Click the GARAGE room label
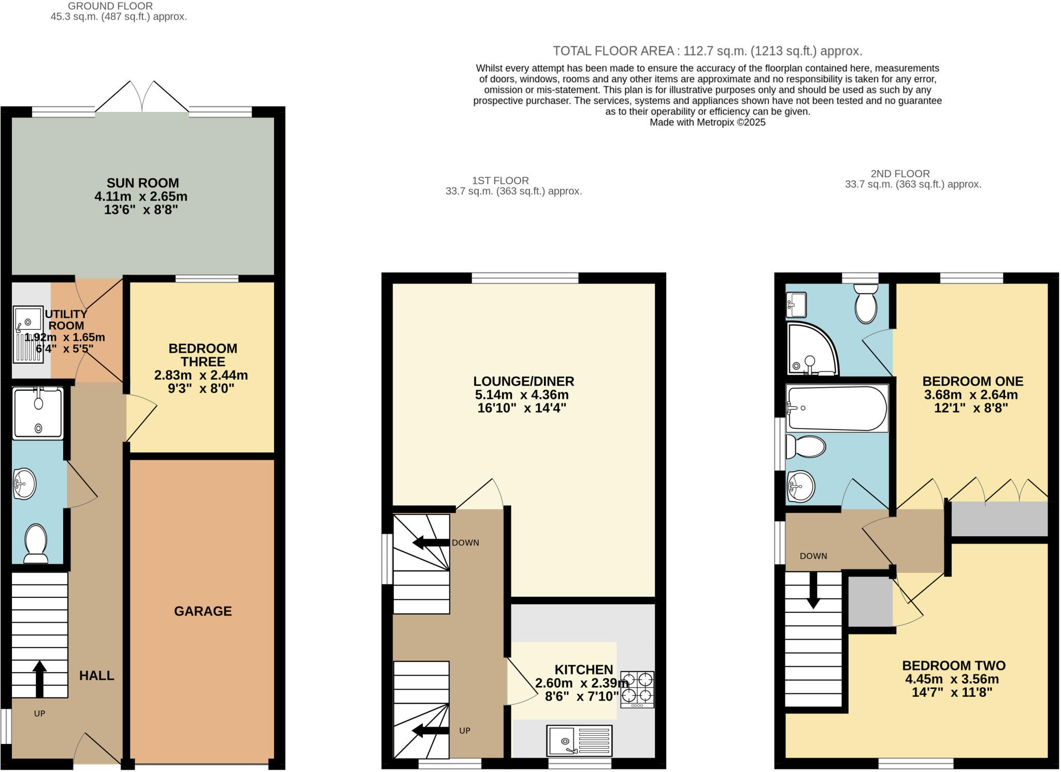pos(203,611)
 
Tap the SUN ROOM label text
pos(142,183)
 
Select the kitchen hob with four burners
pos(637,689)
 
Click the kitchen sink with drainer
pos(579,740)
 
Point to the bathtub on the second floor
pos(836,408)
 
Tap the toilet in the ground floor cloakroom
pos(36,543)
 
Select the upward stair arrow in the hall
pos(39,678)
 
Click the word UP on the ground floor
pos(39,713)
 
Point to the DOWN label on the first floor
pos(465,542)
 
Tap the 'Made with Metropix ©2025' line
pos(707,122)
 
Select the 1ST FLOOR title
pos(500,180)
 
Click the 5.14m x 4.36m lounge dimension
pos(522,395)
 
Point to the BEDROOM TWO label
pos(953,666)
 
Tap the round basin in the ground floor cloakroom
pos(24,484)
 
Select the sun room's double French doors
pos(142,97)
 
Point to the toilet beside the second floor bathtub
pos(806,447)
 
